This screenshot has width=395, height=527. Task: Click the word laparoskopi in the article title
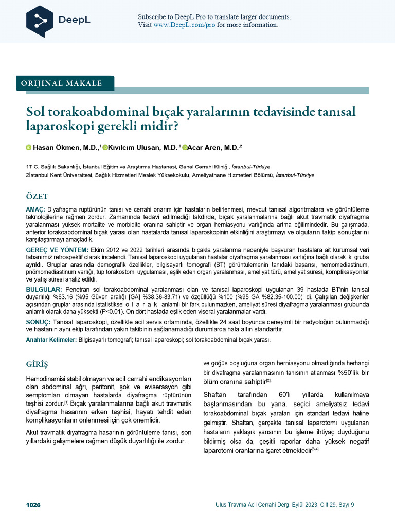(x=57, y=125)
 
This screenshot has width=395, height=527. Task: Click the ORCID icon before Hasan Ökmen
(x=29, y=148)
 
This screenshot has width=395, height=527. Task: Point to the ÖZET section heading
(x=37, y=197)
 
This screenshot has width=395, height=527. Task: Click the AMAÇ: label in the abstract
(x=35, y=210)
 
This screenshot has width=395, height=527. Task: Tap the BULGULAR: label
(x=44, y=290)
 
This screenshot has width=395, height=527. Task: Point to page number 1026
(x=33, y=505)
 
